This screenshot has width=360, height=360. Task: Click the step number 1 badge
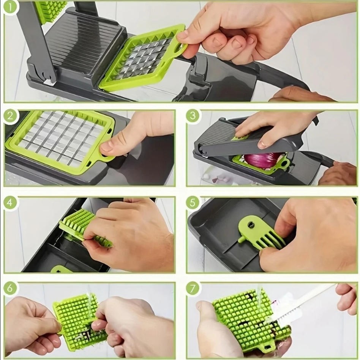pyautogui.click(x=11, y=8)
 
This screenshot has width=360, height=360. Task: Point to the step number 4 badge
pyautogui.click(x=11, y=203)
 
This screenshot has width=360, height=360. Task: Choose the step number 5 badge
pyautogui.click(x=193, y=203)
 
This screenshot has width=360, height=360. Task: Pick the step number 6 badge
pyautogui.click(x=11, y=288)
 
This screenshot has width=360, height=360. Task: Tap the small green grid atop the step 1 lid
pyautogui.click(x=49, y=9)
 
